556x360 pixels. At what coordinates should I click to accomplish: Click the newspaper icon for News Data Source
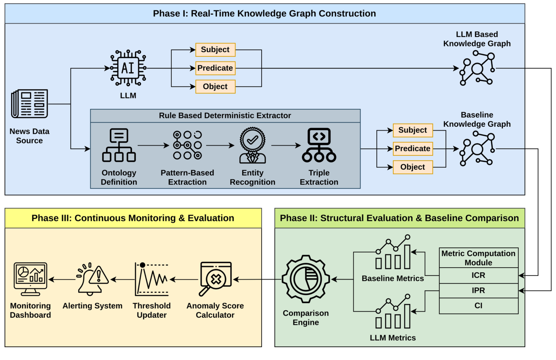[29, 104]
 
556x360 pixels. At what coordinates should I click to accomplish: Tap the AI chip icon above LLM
[128, 68]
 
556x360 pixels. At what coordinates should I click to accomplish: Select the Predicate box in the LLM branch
[215, 68]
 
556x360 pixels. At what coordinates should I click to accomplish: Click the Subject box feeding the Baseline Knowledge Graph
[412, 130]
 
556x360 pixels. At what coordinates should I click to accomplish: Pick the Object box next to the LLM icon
[215, 87]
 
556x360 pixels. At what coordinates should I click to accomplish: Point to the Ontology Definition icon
[119, 145]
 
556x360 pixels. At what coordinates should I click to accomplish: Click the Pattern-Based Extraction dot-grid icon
[187, 145]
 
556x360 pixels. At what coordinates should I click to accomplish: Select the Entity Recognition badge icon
[253, 146]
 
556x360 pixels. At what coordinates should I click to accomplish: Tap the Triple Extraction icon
[319, 145]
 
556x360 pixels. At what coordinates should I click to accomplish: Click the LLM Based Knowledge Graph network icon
[477, 68]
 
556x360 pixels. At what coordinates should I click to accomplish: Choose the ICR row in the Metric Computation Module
[478, 275]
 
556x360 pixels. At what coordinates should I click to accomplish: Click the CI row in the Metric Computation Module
[478, 306]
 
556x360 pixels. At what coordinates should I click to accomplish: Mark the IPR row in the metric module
[478, 290]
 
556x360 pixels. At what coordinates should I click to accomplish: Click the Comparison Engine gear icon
[306, 280]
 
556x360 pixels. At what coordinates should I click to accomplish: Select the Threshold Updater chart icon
[152, 279]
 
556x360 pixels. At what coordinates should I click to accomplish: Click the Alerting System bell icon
[92, 279]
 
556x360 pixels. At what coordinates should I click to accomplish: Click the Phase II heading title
[399, 218]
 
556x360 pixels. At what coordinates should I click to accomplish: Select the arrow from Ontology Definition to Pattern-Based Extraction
[153, 145]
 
